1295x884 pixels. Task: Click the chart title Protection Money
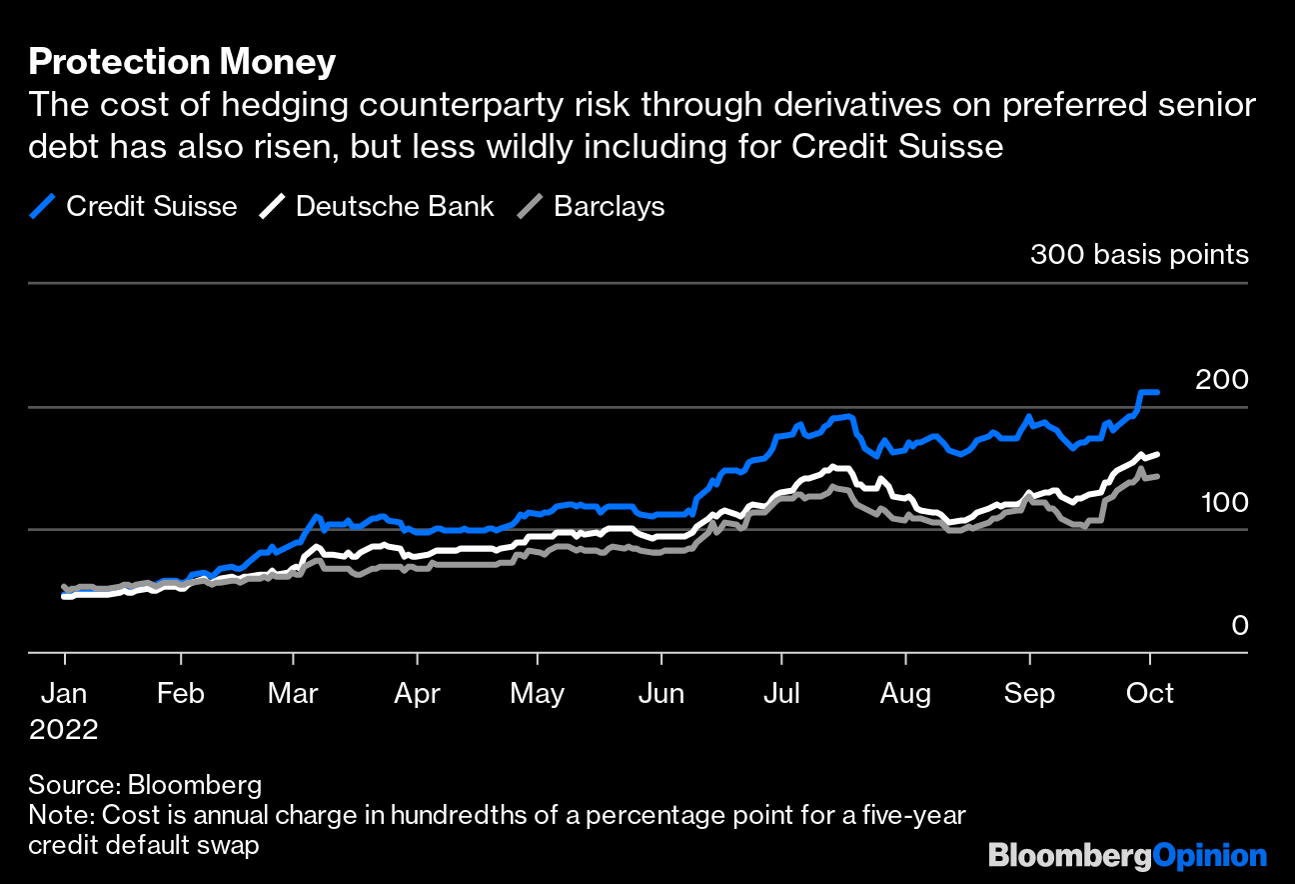pos(182,62)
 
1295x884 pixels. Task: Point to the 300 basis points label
pos(1139,255)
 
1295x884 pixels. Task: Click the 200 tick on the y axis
pos(1221,380)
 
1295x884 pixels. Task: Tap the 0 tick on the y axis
pos(1240,626)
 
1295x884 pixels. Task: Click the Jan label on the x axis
pos(65,693)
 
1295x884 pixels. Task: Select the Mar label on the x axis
pos(294,693)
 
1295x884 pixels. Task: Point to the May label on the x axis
pos(538,693)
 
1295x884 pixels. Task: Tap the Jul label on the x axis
pos(781,693)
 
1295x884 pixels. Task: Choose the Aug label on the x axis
pos(905,693)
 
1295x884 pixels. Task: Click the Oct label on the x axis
pos(1150,693)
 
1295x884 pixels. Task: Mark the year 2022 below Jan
pos(64,729)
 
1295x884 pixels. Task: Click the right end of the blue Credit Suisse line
pos(1157,392)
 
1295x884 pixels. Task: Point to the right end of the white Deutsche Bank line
pos(1157,454)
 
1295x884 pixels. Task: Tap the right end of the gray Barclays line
pos(1157,476)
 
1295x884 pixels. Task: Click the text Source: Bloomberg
pos(145,784)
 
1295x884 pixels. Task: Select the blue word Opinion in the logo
pos(1209,856)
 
